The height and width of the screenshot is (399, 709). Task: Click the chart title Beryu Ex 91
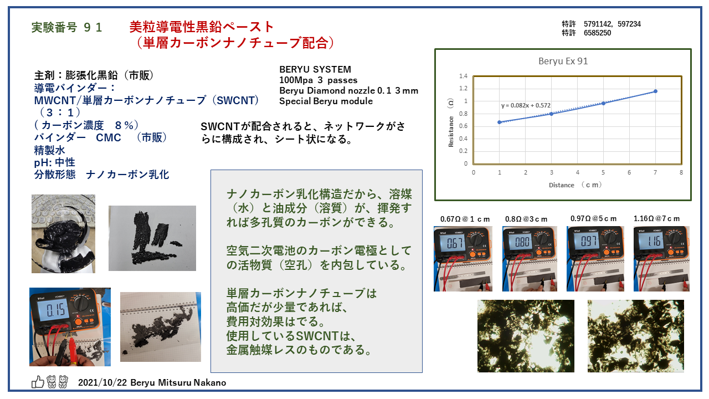coord(563,61)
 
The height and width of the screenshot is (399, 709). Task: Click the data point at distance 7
coord(655,91)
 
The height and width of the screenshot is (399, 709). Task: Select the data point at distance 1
coord(499,122)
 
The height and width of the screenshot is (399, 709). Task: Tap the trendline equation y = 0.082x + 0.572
coord(526,105)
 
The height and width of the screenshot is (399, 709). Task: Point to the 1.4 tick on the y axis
coord(463,76)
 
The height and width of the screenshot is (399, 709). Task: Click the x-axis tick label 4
coord(577,172)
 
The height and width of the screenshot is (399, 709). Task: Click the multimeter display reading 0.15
coord(56,310)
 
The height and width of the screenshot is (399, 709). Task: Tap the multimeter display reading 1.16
coord(654,242)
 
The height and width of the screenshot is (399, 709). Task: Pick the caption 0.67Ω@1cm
coord(465,219)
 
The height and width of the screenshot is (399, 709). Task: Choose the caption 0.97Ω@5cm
coord(593,218)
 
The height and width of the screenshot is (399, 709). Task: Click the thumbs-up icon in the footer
coord(38,382)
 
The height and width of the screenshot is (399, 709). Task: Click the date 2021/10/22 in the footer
coord(102,382)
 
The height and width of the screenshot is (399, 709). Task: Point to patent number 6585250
coord(597,33)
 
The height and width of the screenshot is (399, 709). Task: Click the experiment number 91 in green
coord(93,27)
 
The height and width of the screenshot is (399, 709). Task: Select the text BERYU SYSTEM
coord(315,69)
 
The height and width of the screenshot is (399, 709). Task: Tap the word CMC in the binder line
coord(108,138)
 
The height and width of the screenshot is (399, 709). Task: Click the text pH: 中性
coord(54,162)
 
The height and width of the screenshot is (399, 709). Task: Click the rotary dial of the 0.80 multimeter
coord(542,239)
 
